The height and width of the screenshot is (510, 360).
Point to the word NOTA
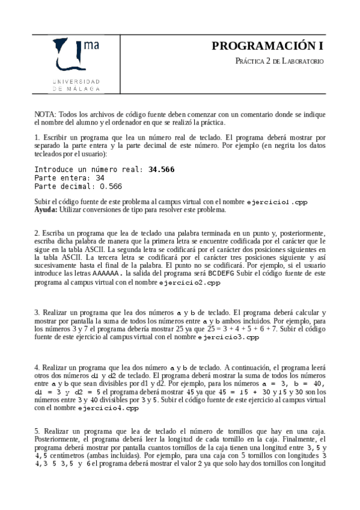(x=44, y=114)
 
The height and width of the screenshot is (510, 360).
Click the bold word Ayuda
(x=46, y=210)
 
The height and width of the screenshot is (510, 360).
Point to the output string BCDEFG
(x=221, y=272)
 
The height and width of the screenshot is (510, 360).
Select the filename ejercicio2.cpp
(x=186, y=281)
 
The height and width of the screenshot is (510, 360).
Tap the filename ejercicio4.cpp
(x=108, y=408)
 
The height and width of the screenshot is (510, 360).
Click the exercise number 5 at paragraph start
(x=36, y=431)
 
